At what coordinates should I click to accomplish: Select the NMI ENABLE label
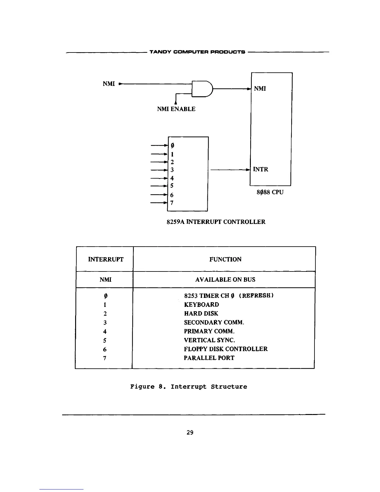point(176,109)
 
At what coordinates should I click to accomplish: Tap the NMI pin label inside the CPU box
point(260,89)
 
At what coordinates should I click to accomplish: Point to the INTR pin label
point(260,169)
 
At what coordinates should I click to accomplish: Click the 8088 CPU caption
point(270,192)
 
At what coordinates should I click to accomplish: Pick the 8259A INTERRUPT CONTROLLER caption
point(216,222)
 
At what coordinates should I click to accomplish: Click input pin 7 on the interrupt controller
point(172,203)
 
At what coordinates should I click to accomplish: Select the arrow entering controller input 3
point(159,170)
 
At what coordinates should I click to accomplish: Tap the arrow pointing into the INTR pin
point(230,170)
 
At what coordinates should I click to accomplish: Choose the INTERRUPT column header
point(106,259)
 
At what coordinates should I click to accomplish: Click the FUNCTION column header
point(225,259)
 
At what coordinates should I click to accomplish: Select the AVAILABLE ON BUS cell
point(225,280)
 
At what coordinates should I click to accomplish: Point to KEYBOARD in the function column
point(201,305)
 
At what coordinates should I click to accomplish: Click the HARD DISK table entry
point(201,314)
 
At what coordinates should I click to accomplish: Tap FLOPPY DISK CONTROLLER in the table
point(225,349)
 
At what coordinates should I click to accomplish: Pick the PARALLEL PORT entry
point(209,358)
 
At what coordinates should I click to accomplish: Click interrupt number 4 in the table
point(105,331)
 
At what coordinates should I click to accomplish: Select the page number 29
point(190,432)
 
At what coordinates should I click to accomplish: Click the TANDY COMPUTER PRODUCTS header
point(197,52)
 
